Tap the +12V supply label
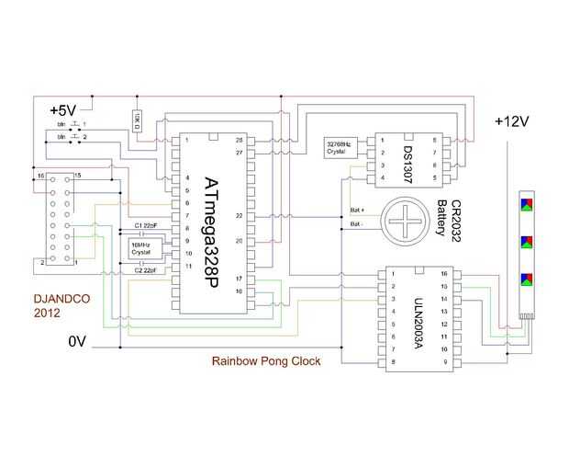[x=511, y=121]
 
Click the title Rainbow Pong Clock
[x=266, y=361]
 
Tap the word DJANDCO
[x=57, y=298]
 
